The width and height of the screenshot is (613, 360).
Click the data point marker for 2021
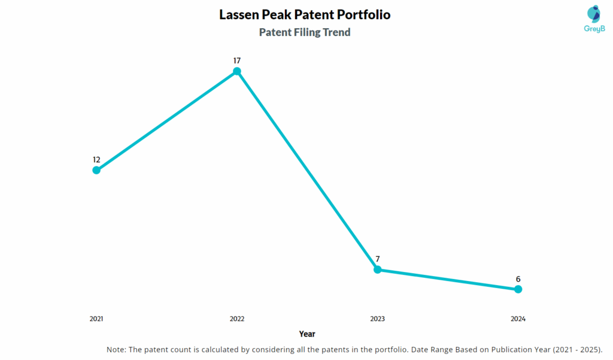[x=96, y=170]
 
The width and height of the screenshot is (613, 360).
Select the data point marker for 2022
[x=237, y=71]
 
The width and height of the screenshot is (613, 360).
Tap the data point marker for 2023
[x=378, y=270]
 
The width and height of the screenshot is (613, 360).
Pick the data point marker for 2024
[x=518, y=289]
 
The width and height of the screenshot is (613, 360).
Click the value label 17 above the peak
[x=237, y=60]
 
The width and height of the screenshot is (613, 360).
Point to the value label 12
[x=96, y=160]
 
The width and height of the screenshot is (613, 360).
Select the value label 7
[x=378, y=259]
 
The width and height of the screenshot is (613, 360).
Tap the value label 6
[x=518, y=279]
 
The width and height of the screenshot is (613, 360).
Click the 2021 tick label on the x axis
[x=96, y=319]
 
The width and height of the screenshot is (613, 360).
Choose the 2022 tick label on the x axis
[x=237, y=319]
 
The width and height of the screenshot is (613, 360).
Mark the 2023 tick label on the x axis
[x=378, y=319]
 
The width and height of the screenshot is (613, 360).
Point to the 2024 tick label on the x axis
[x=518, y=319]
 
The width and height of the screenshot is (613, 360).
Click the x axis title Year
[x=307, y=334]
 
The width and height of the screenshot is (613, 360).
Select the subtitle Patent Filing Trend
[x=305, y=32]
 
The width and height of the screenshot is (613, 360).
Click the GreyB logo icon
[x=594, y=14]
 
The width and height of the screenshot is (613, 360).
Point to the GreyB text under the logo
[x=594, y=29]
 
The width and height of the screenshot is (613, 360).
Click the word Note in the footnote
[x=116, y=349]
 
